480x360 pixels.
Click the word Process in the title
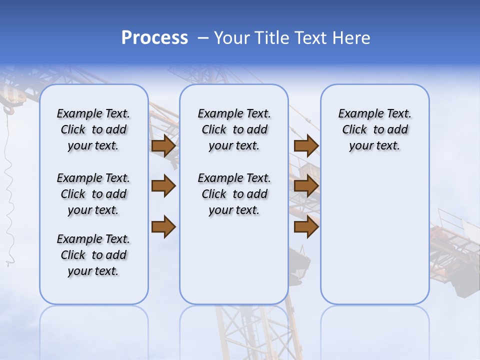tap(154, 38)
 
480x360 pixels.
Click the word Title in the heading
tap(271, 38)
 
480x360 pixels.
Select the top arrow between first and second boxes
tap(163, 145)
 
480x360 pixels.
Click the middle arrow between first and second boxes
tap(163, 186)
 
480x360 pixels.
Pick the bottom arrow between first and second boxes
tap(163, 226)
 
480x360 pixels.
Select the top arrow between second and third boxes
tap(306, 145)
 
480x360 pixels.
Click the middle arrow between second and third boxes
tap(306, 186)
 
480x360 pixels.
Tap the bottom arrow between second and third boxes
tap(306, 226)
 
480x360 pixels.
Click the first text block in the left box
tap(93, 129)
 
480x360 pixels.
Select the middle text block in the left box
tap(93, 194)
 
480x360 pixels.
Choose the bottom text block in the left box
tap(93, 255)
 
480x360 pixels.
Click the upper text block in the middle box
tap(234, 129)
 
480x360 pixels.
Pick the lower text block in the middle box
tap(234, 194)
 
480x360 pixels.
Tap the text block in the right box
tap(374, 129)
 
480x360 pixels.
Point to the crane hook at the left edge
tap(8, 107)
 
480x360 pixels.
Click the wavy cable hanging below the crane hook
tap(8, 190)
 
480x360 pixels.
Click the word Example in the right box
tap(356, 113)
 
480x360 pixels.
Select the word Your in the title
tap(230, 38)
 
